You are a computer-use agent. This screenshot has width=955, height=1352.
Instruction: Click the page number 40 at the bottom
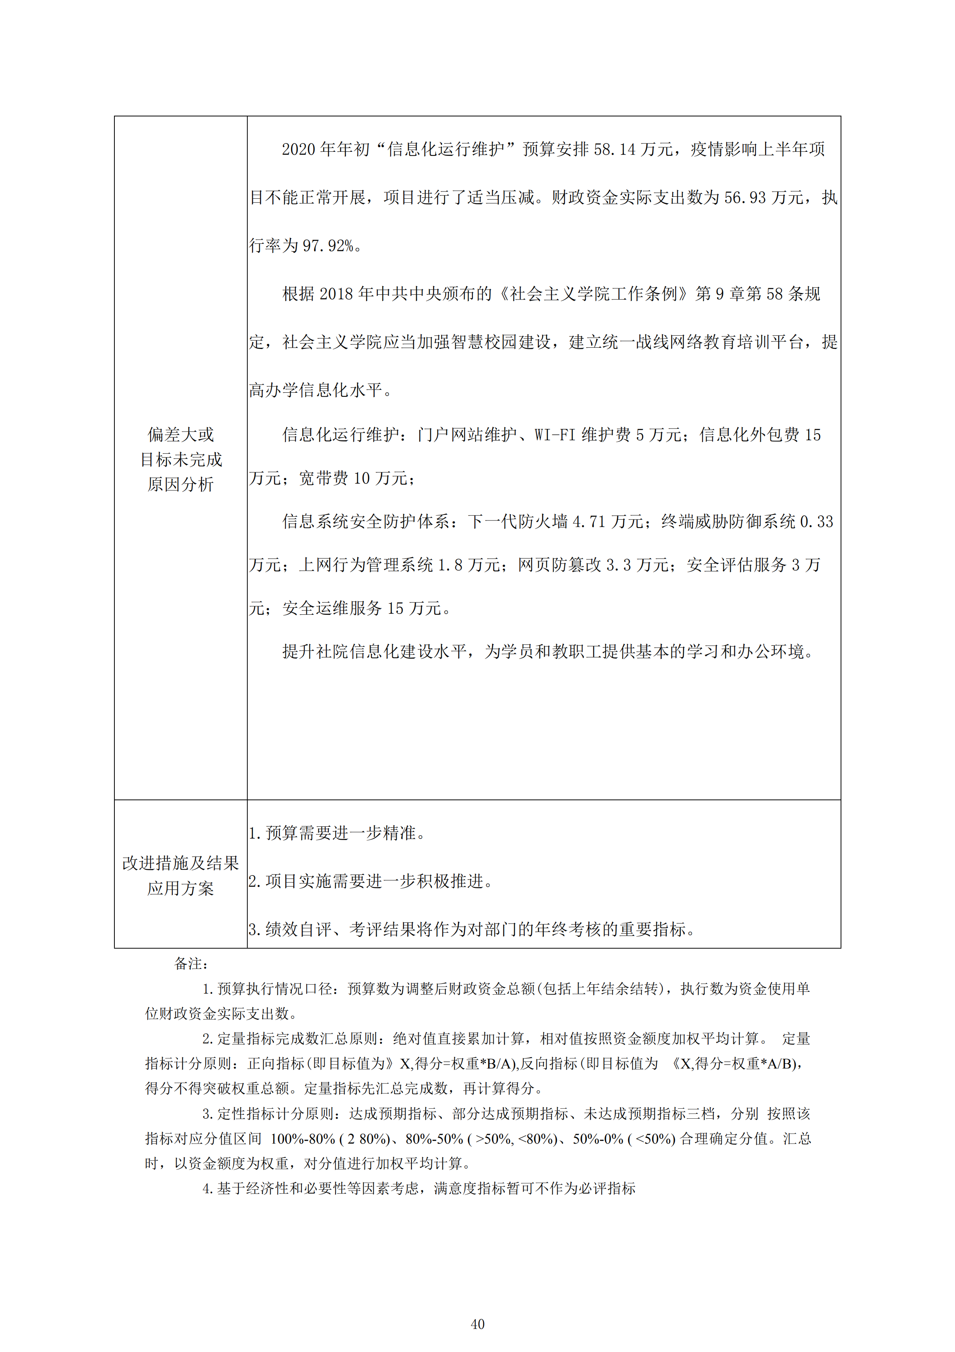coord(478,1324)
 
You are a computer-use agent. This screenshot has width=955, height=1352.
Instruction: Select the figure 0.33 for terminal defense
coord(817,522)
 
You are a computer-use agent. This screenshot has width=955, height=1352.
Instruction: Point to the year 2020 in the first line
coord(299,149)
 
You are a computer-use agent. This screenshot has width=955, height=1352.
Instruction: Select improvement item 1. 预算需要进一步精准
coord(337,833)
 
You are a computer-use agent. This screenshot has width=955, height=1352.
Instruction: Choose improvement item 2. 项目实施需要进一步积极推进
coord(371,881)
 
